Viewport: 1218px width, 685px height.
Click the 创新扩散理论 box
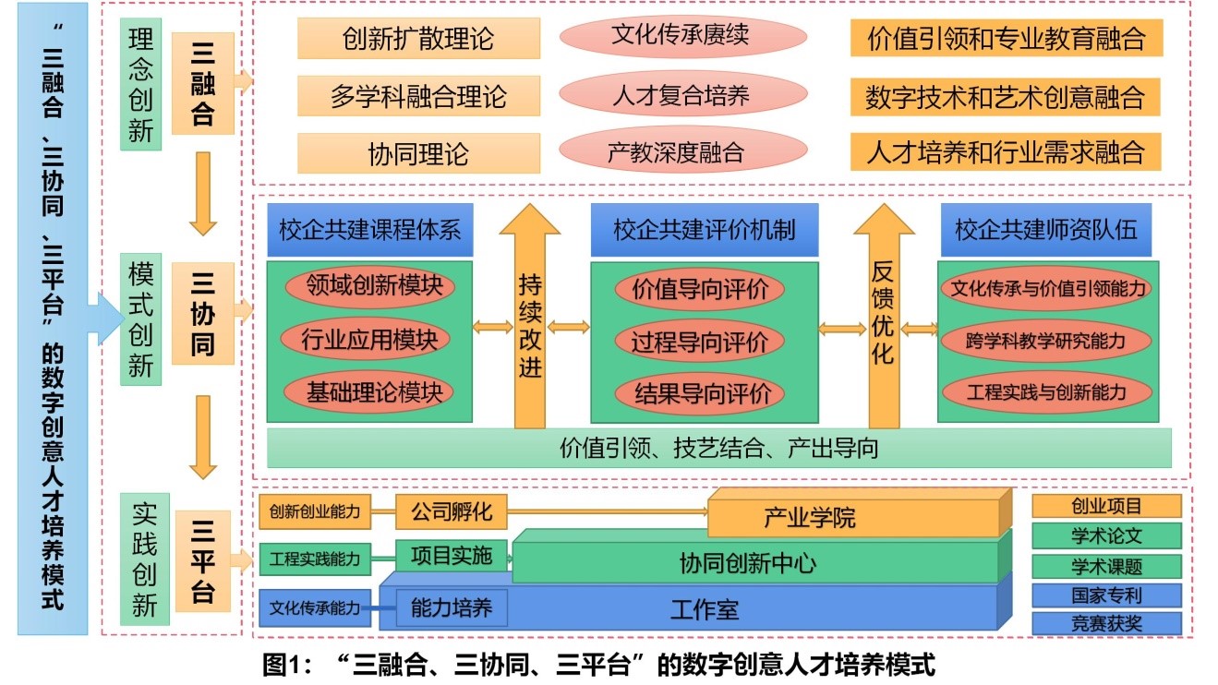pyautogui.click(x=418, y=38)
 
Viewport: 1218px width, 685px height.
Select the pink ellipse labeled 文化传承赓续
pyautogui.click(x=682, y=36)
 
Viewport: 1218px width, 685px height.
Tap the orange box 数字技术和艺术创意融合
pyautogui.click(x=1006, y=96)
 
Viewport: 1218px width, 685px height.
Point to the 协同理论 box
pyautogui.click(x=418, y=154)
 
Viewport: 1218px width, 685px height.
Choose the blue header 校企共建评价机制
pyautogui.click(x=705, y=230)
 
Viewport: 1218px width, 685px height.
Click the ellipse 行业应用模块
pyautogui.click(x=369, y=340)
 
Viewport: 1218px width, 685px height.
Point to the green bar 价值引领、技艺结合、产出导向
pyautogui.click(x=718, y=449)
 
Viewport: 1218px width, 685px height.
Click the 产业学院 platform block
pyautogui.click(x=854, y=517)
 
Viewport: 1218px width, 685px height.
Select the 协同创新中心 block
pyautogui.click(x=753, y=562)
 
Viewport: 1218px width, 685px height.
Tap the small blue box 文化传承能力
pyautogui.click(x=315, y=608)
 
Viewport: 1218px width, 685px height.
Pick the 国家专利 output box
pyautogui.click(x=1106, y=595)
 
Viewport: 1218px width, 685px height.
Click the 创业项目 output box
pyautogui.click(x=1106, y=506)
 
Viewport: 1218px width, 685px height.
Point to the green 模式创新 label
pyautogui.click(x=141, y=319)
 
